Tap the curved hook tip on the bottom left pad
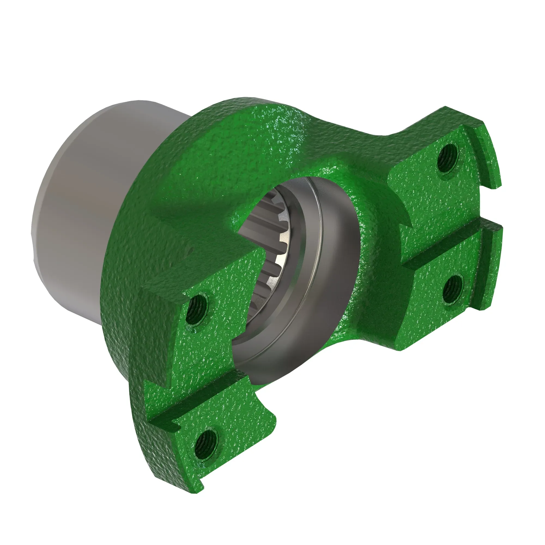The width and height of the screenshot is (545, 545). [x=270, y=420]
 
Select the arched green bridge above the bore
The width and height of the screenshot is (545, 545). [x=254, y=147]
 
